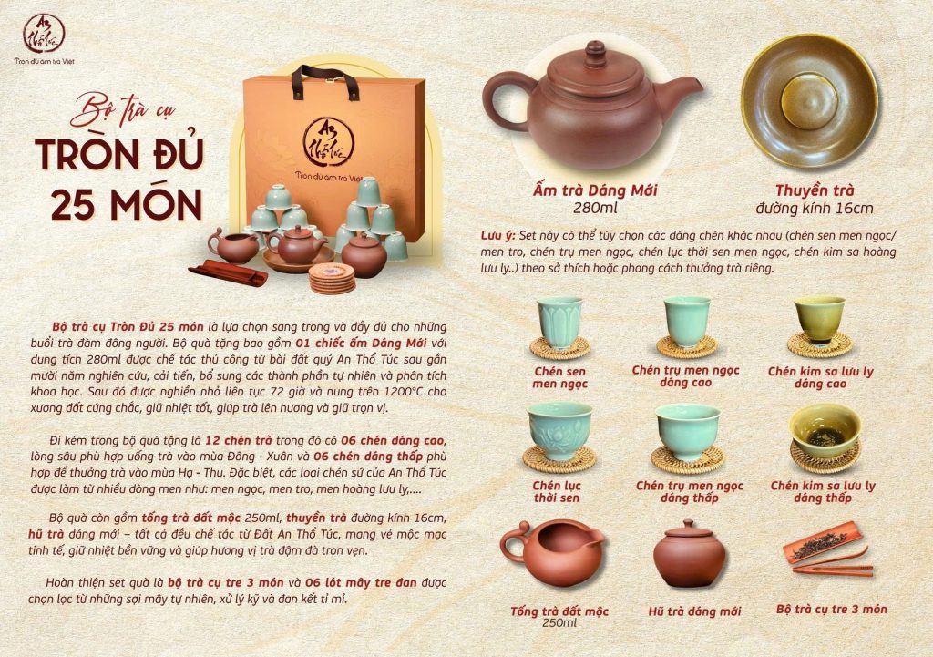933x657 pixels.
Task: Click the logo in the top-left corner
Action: [x=45, y=38]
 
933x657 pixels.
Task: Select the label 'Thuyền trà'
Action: [x=814, y=190]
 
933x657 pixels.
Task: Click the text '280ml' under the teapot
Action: [x=595, y=209]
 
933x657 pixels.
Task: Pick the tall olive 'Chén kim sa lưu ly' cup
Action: [x=821, y=320]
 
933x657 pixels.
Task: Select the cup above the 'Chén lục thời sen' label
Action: [x=559, y=430]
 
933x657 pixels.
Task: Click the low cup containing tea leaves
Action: [x=825, y=430]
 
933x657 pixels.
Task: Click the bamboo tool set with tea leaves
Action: [x=828, y=549]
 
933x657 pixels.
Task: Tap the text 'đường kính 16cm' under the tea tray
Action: [x=814, y=209]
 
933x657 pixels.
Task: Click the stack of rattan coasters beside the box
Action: [x=332, y=278]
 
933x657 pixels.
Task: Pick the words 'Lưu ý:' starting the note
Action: [x=497, y=236]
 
